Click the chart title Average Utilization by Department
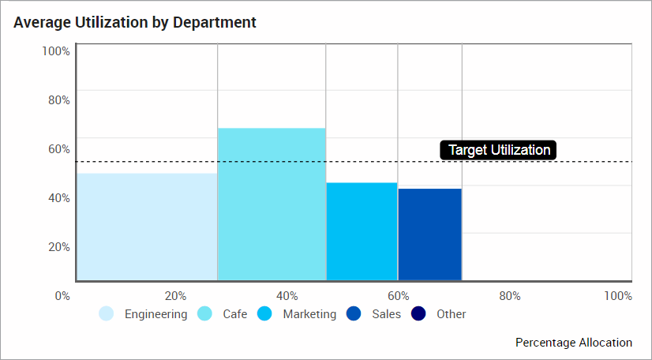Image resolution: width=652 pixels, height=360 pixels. click(135, 22)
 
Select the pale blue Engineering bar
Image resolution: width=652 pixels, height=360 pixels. click(147, 227)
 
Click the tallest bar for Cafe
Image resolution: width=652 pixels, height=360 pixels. click(272, 204)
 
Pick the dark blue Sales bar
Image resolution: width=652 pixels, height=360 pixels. click(429, 234)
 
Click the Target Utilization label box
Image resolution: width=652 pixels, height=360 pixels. click(499, 150)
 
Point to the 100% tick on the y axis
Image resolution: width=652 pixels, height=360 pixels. click(56, 51)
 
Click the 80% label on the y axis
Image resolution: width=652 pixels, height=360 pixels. click(58, 100)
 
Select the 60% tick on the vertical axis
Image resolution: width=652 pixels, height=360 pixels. click(58, 149)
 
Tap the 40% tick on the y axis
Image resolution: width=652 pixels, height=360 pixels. click(58, 198)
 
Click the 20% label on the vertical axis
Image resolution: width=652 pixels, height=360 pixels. click(58, 247)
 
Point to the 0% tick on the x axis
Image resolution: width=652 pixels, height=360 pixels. click(62, 296)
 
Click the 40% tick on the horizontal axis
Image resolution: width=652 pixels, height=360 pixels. click(287, 296)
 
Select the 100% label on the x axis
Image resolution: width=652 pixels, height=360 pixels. click(618, 296)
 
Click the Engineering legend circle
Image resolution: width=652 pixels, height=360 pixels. click(107, 314)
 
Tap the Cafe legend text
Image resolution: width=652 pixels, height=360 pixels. click(234, 314)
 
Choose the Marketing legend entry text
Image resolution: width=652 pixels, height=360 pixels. click(309, 314)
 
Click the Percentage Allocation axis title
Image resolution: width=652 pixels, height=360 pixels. click(574, 343)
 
